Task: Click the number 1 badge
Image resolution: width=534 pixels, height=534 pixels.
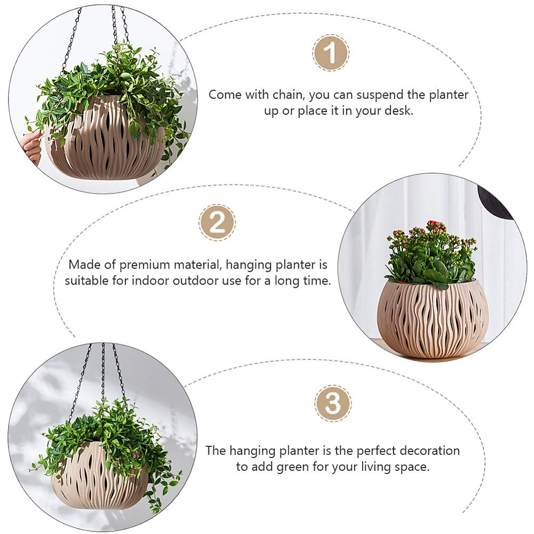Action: pyautogui.click(x=331, y=53)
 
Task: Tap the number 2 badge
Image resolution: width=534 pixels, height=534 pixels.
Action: pyautogui.click(x=217, y=222)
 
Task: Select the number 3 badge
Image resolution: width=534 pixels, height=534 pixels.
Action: pyautogui.click(x=333, y=403)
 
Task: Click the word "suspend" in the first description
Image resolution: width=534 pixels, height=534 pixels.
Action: pyautogui.click(x=380, y=95)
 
